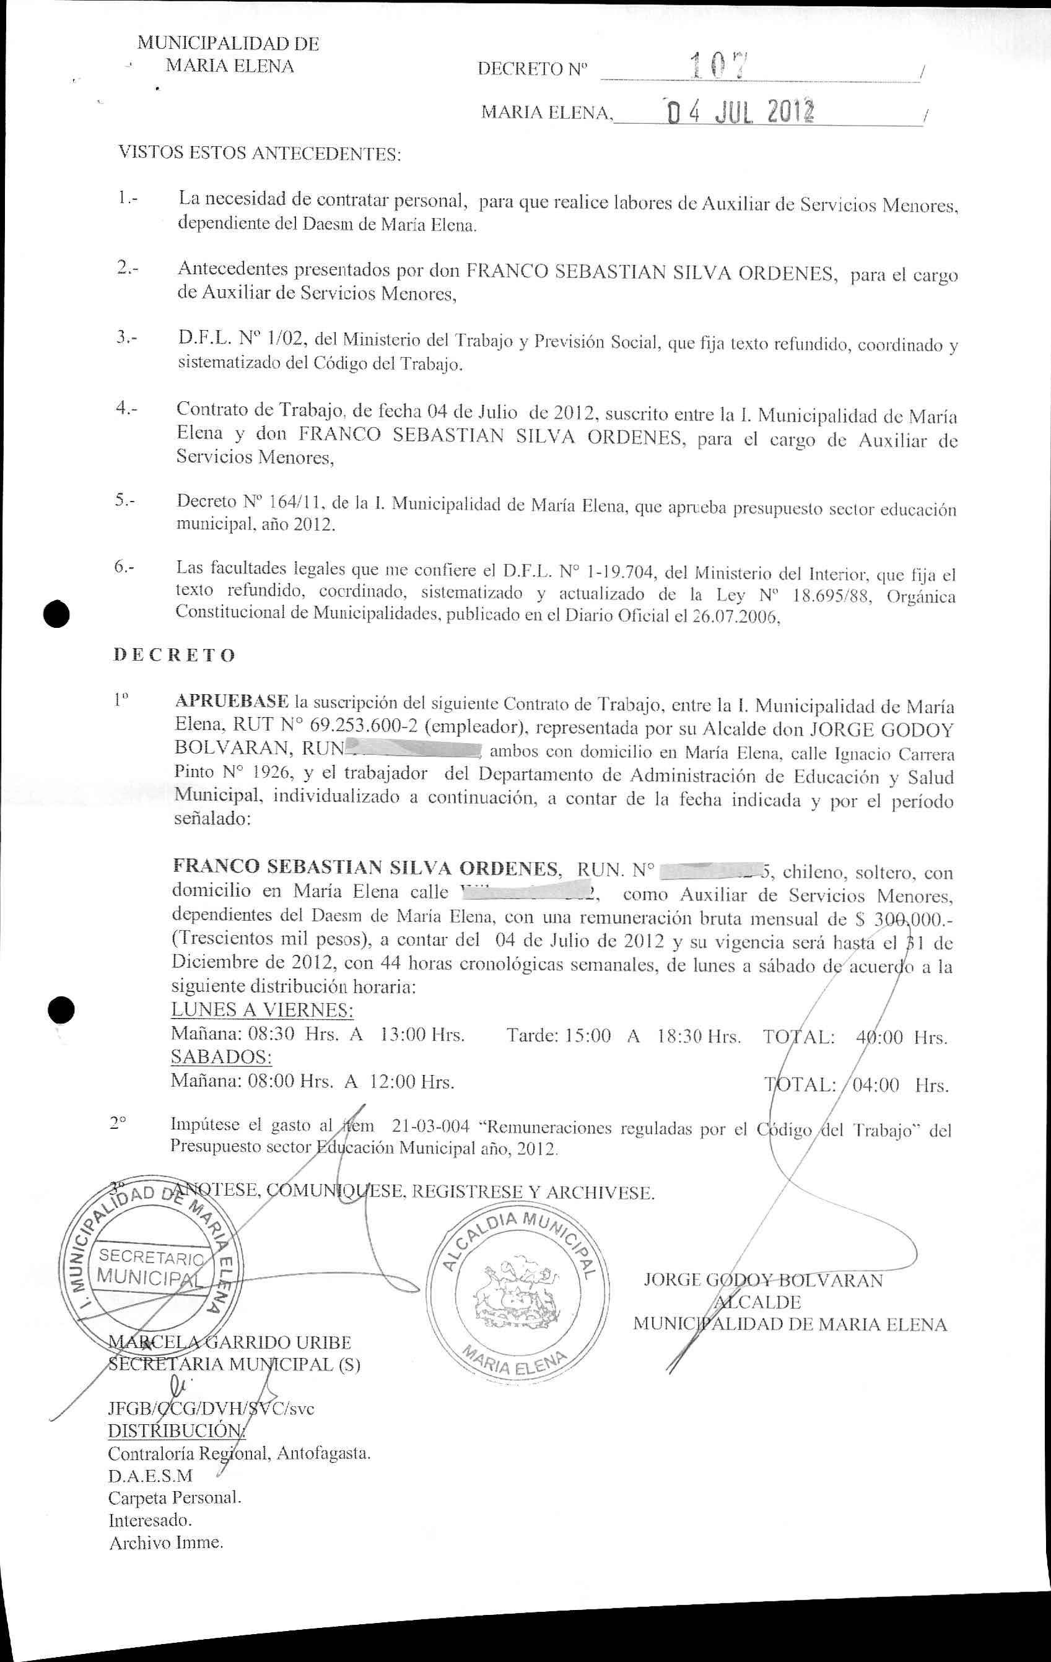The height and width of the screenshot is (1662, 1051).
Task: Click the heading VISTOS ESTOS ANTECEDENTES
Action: pyautogui.click(x=259, y=153)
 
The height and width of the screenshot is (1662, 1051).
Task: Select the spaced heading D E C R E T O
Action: pyautogui.click(x=174, y=655)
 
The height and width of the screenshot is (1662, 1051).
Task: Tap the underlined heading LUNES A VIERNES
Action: pyautogui.click(x=263, y=1011)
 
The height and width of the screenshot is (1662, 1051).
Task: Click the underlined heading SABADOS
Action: pyautogui.click(x=221, y=1058)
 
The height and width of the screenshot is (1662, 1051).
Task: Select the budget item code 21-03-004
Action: pyautogui.click(x=430, y=1127)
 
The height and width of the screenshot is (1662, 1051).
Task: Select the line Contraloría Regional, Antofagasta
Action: pyautogui.click(x=239, y=1453)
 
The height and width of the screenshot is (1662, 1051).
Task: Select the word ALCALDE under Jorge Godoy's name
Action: pyautogui.click(x=757, y=1302)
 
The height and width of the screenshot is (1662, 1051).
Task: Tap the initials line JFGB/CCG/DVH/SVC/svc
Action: pyautogui.click(x=211, y=1409)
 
